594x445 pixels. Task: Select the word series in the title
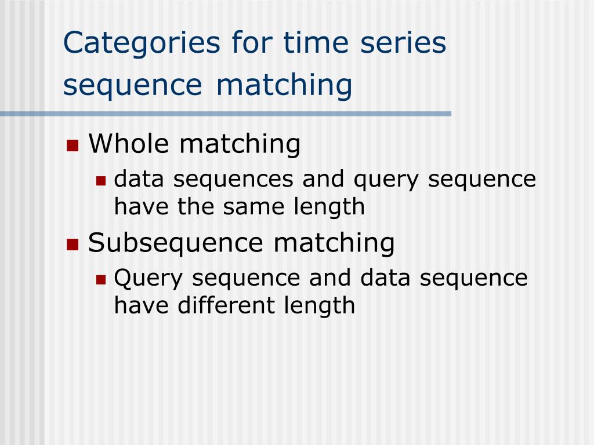(403, 44)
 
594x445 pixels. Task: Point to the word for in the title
(234, 44)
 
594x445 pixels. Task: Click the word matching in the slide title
(285, 85)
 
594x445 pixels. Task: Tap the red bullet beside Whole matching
(73, 145)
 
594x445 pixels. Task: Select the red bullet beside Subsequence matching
(73, 243)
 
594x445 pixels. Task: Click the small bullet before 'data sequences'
(101, 181)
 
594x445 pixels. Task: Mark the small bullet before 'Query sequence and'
(101, 279)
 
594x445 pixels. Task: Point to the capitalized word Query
(149, 279)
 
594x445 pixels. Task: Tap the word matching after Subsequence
(334, 243)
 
